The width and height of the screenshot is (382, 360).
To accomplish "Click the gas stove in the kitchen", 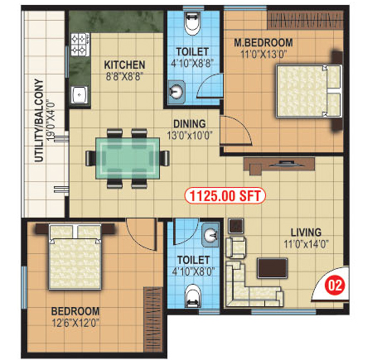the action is click(x=80, y=44).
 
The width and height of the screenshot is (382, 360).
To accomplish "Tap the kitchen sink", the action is click(x=80, y=94).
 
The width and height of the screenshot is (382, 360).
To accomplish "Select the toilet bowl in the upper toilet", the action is click(x=192, y=23).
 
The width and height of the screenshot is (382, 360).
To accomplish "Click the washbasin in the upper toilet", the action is click(x=176, y=90).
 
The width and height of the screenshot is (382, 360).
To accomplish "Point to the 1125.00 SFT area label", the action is click(x=225, y=196).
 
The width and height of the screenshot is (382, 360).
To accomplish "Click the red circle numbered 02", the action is click(x=335, y=286).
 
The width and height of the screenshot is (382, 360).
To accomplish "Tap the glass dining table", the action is click(x=128, y=158).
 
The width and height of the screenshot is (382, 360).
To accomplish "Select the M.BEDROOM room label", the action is click(x=264, y=43).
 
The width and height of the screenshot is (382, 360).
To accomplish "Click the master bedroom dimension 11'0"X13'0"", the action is click(x=263, y=54).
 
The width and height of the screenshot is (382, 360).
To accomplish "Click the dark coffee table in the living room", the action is click(x=272, y=268).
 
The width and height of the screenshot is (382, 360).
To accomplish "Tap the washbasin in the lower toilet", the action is click(x=210, y=235).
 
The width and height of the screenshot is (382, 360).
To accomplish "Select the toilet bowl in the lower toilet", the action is click(x=192, y=295).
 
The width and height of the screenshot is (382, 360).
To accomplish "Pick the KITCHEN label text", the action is click(x=124, y=65).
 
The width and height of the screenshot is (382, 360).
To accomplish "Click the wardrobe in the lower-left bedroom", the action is click(x=153, y=319).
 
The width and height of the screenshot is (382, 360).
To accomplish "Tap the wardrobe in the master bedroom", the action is click(x=305, y=20).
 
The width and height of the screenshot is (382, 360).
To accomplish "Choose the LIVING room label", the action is click(x=306, y=233).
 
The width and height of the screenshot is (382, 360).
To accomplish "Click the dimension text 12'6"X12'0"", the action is click(x=75, y=323).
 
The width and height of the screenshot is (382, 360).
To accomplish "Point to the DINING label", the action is click(x=190, y=123).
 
